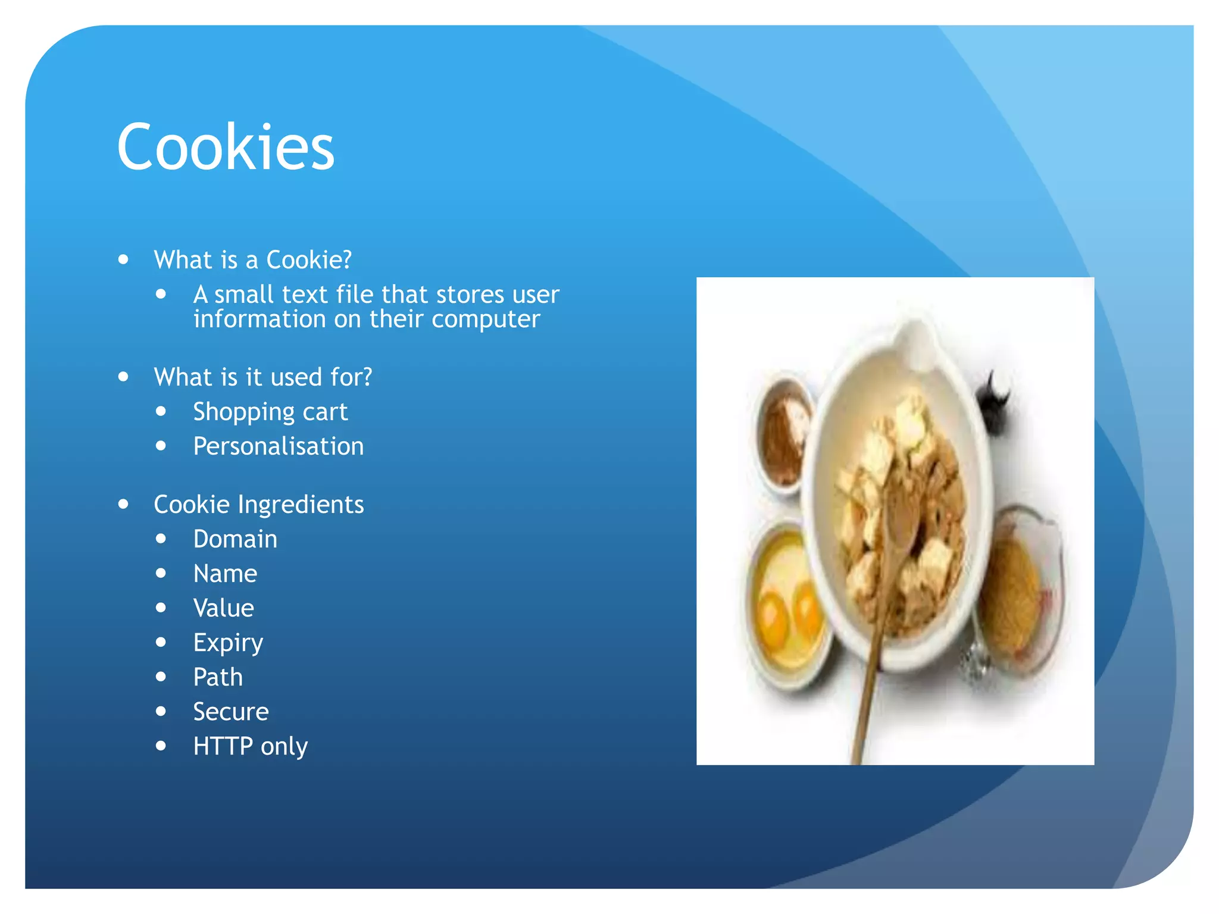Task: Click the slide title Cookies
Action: (x=226, y=147)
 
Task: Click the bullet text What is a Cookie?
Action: (x=252, y=260)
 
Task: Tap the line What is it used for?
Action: (x=262, y=377)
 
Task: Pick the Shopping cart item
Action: (x=270, y=412)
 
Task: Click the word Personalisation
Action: (x=278, y=446)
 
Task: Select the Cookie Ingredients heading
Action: (x=258, y=505)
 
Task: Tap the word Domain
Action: (x=235, y=539)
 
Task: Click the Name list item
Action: (x=225, y=574)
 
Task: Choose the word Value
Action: (x=223, y=608)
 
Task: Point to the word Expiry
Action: (x=228, y=643)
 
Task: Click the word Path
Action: (x=218, y=677)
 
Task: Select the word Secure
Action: (x=231, y=712)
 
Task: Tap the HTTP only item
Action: (x=250, y=746)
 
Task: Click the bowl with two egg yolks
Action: (x=786, y=613)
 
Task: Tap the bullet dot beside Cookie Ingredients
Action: (x=123, y=505)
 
